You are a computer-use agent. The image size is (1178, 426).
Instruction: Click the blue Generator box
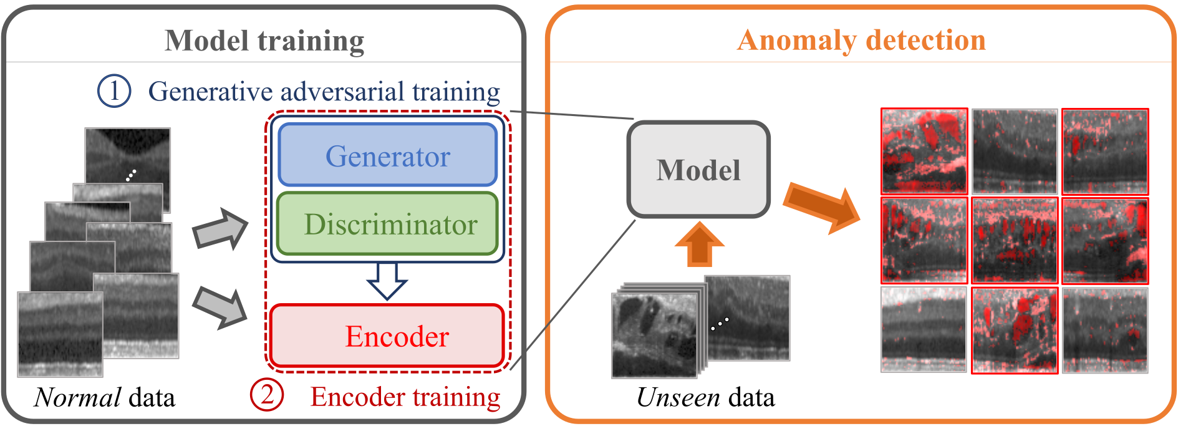pos(387,155)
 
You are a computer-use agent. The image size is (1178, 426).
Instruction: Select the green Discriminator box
pos(387,224)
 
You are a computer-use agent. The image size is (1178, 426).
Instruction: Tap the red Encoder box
pos(387,336)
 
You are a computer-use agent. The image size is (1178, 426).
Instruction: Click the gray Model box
pos(698,170)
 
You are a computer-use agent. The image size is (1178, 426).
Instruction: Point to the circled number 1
pos(114,91)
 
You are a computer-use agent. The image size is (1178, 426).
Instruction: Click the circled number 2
pos(267,395)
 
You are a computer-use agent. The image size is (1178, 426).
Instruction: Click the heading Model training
pos(264,41)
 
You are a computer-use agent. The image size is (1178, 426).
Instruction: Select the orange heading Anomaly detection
pos(861,41)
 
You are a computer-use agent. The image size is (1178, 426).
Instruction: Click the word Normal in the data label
pos(78,397)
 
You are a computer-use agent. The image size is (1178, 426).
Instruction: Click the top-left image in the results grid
pos(924,151)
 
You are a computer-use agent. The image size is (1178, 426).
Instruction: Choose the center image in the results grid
pos(1015,241)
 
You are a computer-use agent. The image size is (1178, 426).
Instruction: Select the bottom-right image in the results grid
pos(1105,330)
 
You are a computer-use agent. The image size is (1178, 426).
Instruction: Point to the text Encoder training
pos(405,397)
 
